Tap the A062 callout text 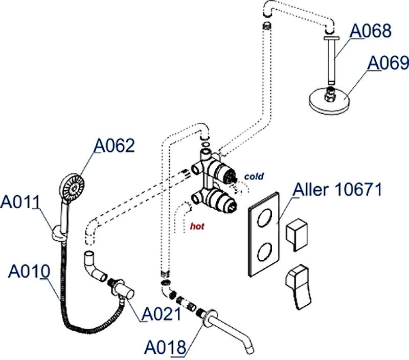[x=113, y=146]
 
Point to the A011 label [x=21, y=202]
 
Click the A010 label [x=29, y=271]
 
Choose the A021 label [x=161, y=313]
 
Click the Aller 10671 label [x=337, y=190]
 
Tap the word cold [x=254, y=176]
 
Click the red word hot [x=197, y=225]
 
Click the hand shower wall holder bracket [x=60, y=236]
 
